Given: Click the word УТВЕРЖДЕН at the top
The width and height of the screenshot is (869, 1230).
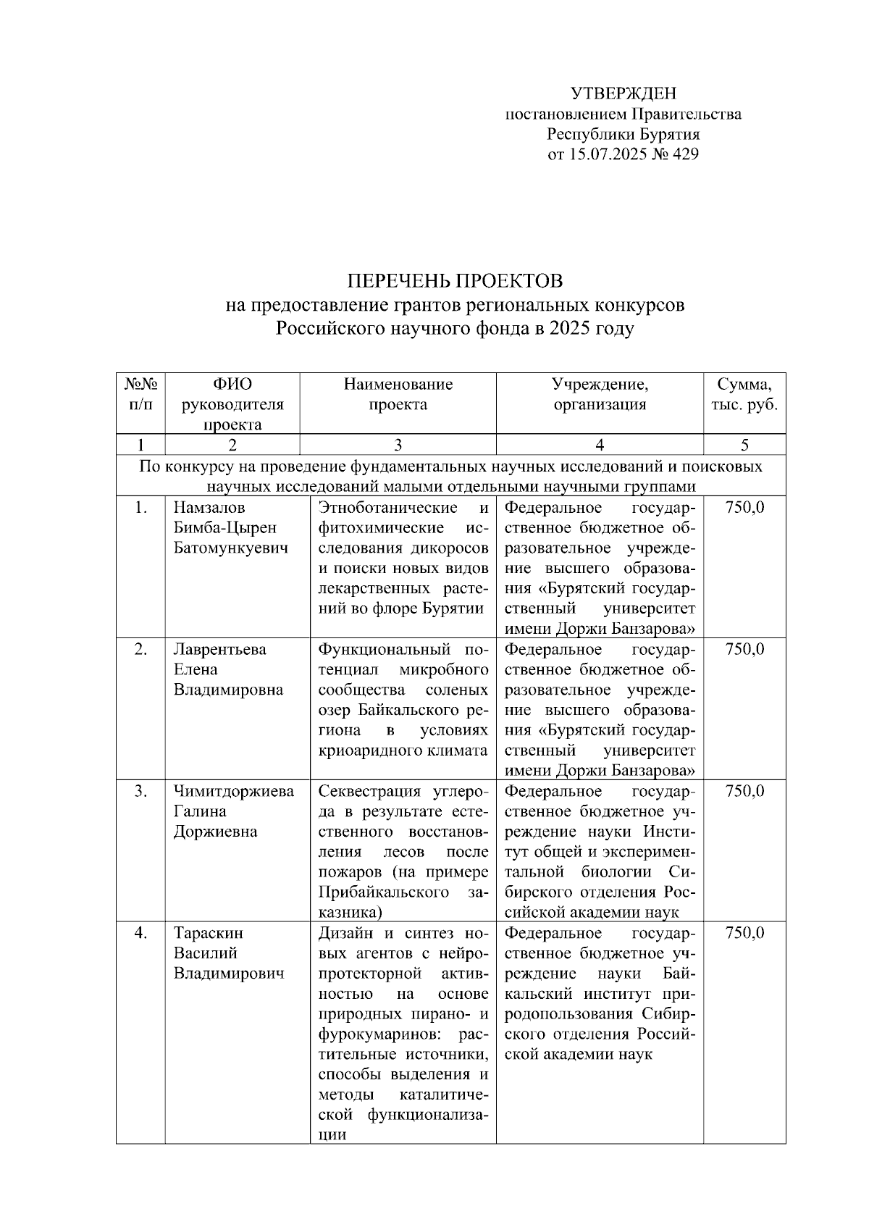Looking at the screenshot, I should (623, 93).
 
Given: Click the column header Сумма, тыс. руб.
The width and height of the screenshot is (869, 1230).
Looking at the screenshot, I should (744, 394).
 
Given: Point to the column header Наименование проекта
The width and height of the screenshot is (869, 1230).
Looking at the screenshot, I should (398, 394).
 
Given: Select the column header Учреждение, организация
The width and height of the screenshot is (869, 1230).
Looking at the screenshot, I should (599, 394).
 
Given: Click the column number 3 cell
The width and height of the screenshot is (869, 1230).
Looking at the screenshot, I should (398, 445).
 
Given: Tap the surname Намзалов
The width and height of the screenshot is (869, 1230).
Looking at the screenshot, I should (209, 507).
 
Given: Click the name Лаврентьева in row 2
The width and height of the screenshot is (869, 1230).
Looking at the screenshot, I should (219, 649).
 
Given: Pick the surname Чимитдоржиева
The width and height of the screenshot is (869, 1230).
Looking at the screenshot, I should (233, 791).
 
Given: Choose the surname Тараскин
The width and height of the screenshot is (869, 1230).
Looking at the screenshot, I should (208, 933).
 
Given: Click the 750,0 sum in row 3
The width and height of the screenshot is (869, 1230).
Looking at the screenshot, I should (744, 791).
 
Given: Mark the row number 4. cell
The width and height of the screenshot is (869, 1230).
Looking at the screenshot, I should (140, 933).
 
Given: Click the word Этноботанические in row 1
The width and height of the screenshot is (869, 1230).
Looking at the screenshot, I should (387, 507).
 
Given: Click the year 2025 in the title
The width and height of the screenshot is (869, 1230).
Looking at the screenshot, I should (570, 330).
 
